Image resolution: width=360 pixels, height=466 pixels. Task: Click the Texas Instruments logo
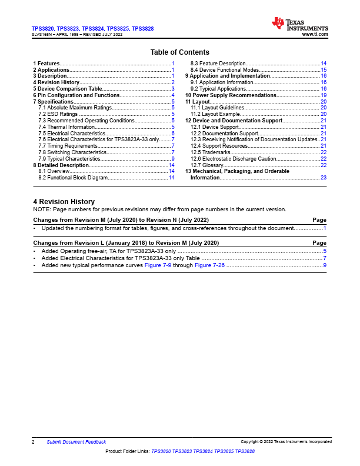299,24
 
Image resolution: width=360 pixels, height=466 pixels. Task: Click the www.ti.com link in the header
315,35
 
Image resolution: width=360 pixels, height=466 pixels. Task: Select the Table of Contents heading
179,52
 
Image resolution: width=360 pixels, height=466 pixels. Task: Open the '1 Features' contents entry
46,63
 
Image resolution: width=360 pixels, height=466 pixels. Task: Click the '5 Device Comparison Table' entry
68,89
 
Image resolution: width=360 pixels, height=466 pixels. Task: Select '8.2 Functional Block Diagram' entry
73,178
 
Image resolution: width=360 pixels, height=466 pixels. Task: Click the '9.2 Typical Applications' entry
218,89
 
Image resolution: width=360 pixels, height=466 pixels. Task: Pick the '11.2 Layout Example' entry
215,114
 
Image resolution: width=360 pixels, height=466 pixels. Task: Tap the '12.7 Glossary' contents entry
206,165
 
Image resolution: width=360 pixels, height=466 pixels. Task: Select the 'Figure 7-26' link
209,265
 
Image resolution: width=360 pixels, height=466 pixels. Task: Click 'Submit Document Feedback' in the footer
76,442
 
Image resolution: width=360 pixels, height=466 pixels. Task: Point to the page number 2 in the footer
33,442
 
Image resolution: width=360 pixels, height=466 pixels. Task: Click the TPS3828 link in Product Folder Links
245,451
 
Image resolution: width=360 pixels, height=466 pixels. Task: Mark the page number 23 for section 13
324,177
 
